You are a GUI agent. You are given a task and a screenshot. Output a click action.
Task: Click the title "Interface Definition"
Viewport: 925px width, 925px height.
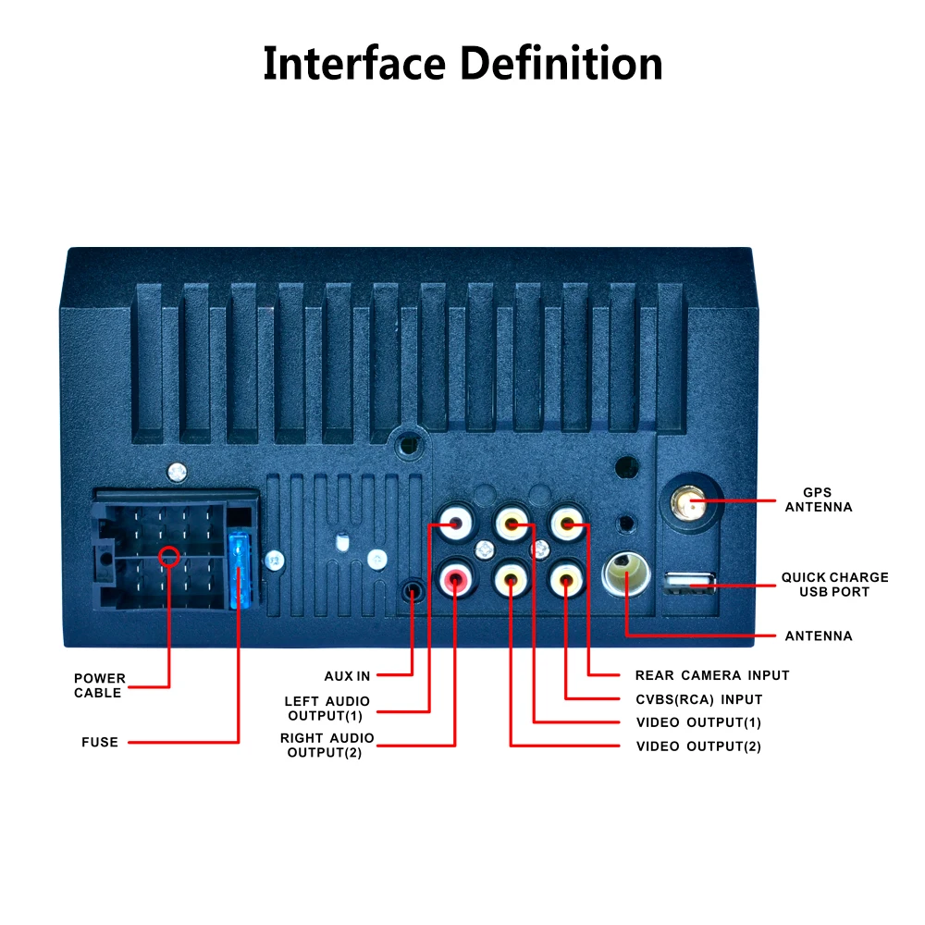(462, 63)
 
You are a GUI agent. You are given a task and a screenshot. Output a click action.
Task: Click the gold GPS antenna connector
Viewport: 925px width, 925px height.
(688, 503)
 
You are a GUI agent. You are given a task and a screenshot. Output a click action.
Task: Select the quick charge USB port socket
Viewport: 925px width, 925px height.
(690, 583)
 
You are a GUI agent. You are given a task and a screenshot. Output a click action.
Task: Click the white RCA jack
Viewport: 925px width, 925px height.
(455, 523)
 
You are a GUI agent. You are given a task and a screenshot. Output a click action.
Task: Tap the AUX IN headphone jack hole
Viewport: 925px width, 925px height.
(413, 590)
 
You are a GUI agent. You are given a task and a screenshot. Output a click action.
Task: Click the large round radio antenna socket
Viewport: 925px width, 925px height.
(626, 574)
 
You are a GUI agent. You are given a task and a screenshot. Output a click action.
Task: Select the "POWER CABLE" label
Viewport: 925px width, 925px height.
(100, 685)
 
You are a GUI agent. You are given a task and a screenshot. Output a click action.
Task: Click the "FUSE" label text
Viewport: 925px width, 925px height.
(100, 742)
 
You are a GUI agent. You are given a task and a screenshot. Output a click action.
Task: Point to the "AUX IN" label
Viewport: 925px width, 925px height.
(347, 676)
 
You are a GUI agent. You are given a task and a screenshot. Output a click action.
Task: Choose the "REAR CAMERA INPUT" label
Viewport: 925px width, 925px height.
(712, 675)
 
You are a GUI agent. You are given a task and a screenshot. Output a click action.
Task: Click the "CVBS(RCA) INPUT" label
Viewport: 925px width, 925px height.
(699, 699)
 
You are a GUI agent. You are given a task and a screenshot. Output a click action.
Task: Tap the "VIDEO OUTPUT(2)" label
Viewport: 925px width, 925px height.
(698, 746)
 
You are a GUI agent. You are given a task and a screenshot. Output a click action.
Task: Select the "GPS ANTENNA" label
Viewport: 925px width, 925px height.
(819, 499)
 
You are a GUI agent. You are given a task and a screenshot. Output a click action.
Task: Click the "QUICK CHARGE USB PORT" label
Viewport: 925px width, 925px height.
(834, 585)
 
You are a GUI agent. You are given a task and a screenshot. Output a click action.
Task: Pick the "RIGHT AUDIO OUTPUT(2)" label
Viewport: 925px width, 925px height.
(327, 745)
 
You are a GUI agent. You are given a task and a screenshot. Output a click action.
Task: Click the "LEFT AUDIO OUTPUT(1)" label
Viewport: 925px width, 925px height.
(327, 709)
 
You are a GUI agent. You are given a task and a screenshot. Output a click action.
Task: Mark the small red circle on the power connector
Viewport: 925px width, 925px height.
(169, 556)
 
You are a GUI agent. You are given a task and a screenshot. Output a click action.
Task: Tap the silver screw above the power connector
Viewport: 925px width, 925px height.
(177, 472)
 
